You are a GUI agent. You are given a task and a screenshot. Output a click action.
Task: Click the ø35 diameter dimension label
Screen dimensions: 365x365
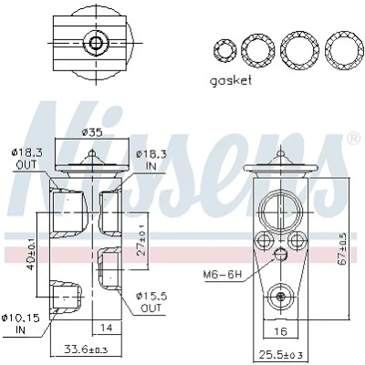(x=92, y=132)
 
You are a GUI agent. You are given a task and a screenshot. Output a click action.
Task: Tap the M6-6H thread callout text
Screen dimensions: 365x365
(x=223, y=275)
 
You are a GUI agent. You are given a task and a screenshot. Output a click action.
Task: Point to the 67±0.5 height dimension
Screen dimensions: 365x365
(x=342, y=248)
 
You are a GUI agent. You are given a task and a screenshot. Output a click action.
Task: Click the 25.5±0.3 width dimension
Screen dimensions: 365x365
(x=281, y=354)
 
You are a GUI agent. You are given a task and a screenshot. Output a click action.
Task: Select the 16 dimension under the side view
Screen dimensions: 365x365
(x=280, y=330)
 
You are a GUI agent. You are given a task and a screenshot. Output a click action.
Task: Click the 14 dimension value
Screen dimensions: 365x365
(x=106, y=328)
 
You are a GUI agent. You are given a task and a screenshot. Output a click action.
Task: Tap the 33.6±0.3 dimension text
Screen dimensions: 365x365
(x=86, y=349)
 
